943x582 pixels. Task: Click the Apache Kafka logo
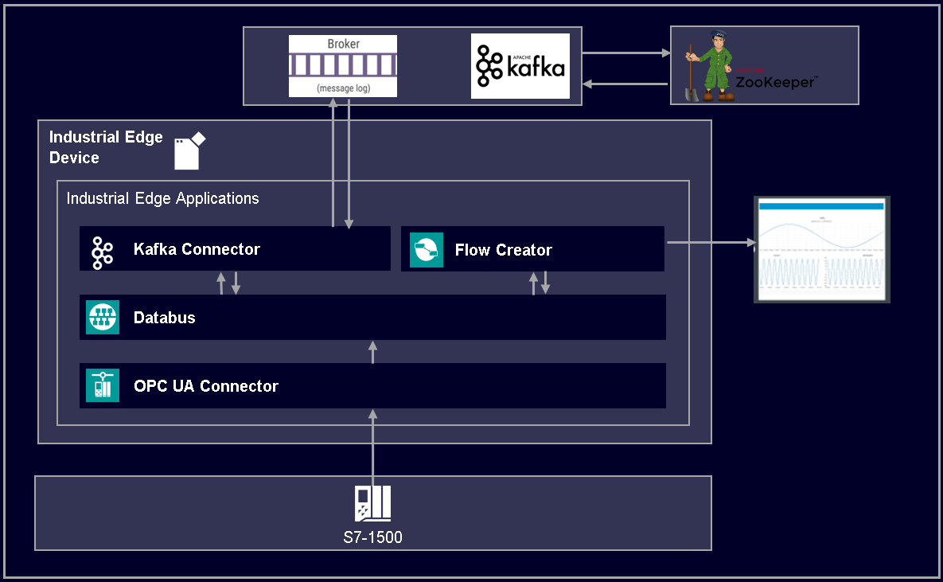tap(520, 66)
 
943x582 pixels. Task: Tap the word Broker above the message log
tap(343, 44)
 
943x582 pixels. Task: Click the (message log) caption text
tap(343, 88)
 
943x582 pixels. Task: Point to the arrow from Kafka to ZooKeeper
tap(626, 53)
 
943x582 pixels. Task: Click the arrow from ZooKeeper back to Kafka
tap(626, 84)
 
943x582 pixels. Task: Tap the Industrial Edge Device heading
tap(105, 147)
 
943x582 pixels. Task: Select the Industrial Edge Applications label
tap(162, 198)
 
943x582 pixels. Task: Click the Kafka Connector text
tap(197, 249)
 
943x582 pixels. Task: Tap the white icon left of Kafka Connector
tap(102, 251)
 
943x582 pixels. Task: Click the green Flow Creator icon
tap(426, 250)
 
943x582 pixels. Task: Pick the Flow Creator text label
tap(503, 250)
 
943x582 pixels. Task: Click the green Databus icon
tap(103, 318)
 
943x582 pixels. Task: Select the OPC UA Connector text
tap(206, 386)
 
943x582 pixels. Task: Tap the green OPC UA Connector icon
tap(103, 385)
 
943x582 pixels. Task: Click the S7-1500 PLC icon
tap(372, 503)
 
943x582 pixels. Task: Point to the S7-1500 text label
tap(372, 537)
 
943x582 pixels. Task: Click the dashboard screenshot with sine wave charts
tap(821, 249)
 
